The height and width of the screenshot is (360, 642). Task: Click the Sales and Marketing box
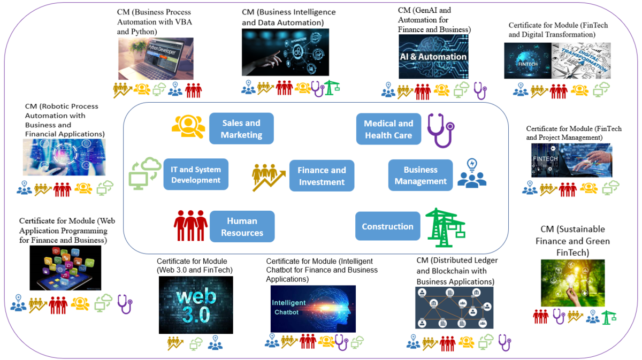(241, 129)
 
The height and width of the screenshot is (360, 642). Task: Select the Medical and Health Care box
(388, 129)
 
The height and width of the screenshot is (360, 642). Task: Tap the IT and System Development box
(196, 175)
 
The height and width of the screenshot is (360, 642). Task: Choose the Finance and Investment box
(322, 176)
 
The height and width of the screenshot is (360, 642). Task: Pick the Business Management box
(421, 175)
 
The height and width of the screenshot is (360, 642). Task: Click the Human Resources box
(242, 227)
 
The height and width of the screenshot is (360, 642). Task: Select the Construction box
(387, 226)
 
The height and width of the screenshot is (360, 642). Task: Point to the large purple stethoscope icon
(440, 129)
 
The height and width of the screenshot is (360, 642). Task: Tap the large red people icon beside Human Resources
(190, 226)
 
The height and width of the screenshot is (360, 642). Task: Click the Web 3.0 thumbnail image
(196, 305)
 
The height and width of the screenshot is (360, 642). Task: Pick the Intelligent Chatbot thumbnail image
(313, 308)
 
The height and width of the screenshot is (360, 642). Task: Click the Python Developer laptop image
(156, 58)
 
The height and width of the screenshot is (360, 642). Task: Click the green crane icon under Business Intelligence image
(332, 87)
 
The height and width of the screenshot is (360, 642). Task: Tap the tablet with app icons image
(66, 268)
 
